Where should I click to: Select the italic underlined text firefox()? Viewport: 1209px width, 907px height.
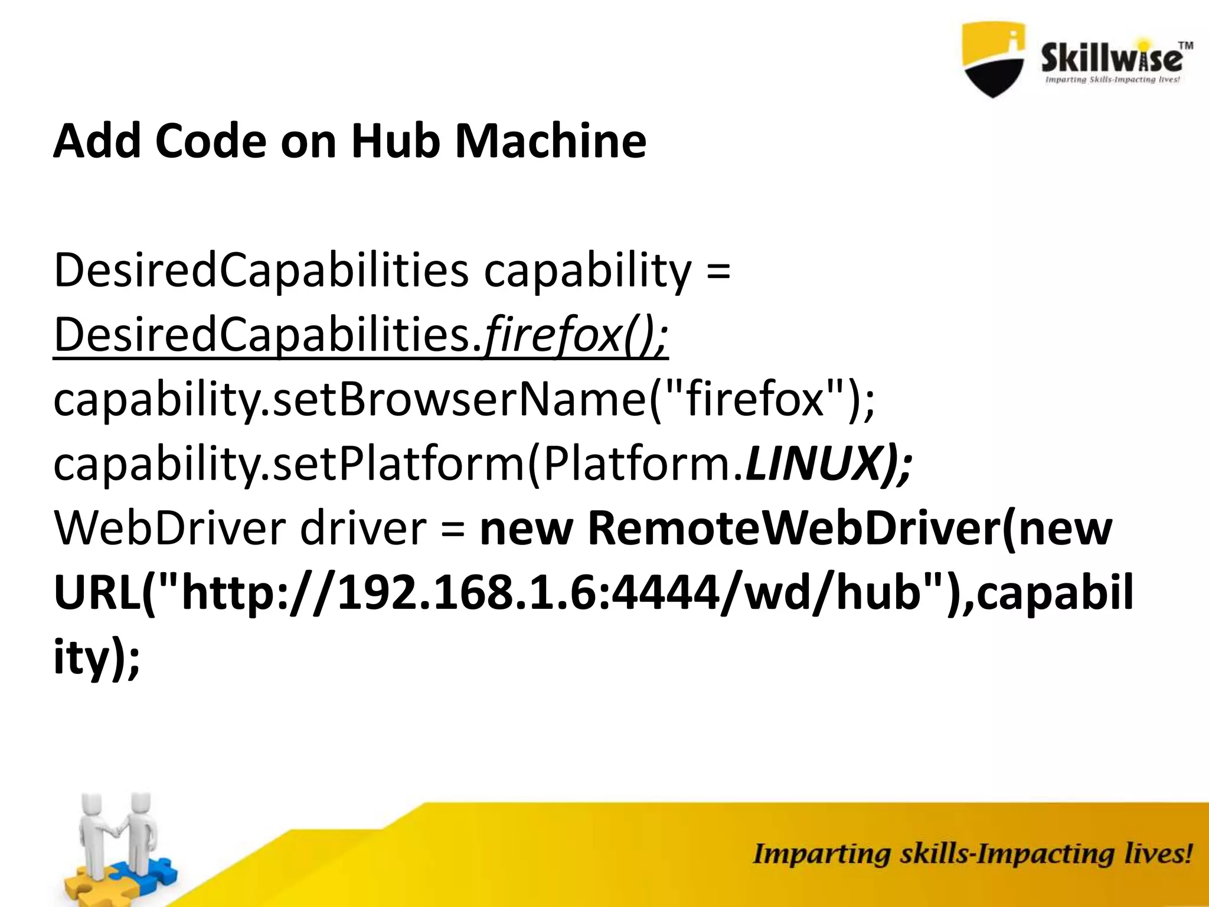[576, 335]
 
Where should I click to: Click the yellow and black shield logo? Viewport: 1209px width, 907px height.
[994, 59]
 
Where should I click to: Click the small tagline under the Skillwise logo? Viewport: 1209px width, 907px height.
[1112, 80]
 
